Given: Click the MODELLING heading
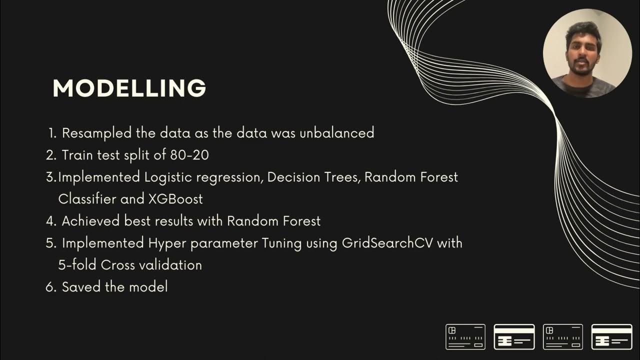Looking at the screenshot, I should coord(129,88).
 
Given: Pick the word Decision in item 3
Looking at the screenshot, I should coord(294,177).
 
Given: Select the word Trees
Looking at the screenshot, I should coord(342,177).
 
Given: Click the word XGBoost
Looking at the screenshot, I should coord(175,198).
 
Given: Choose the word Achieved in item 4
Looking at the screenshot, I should coord(90,220).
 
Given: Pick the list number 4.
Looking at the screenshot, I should coord(51,220).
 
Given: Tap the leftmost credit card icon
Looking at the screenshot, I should coord(465,336).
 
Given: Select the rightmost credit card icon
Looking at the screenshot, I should coord(611,336).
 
